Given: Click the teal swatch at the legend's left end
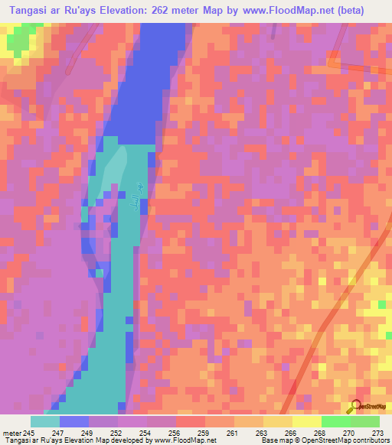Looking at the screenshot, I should pyautogui.click(x=44, y=421).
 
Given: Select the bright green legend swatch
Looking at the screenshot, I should pyautogui.click(x=335, y=421).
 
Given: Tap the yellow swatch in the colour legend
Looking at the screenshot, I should pyautogui.click(x=306, y=421).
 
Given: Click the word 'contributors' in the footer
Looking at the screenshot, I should pyautogui.click(x=369, y=440).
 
